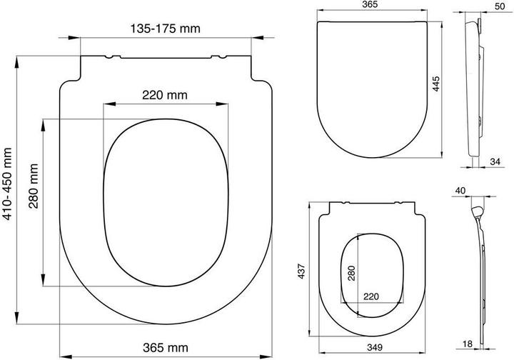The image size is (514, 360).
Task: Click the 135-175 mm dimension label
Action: pos(165,29)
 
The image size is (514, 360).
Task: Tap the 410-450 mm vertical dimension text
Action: pos(7,184)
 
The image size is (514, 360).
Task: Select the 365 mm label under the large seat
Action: pos(166,348)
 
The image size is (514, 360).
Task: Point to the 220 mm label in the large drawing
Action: pos(165,95)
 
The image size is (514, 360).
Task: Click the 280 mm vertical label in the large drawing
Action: pos(34,186)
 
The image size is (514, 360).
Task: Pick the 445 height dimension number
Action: pos(435,84)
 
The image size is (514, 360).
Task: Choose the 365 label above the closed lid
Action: pos(370,4)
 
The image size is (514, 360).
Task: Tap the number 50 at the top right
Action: pos(500,6)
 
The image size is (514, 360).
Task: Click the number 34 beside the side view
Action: pos(495,161)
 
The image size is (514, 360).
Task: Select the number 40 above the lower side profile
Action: pos(460,191)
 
